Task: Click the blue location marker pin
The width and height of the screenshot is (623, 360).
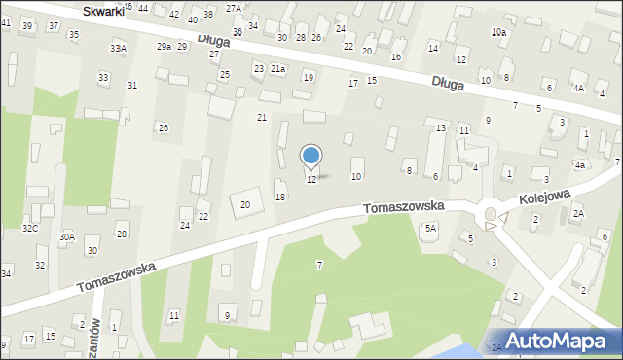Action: pos(311,156)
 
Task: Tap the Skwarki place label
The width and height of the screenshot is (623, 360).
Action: pos(102,11)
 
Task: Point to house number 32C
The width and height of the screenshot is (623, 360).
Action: pos(30,228)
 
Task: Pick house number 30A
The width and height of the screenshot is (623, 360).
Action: pos(67,236)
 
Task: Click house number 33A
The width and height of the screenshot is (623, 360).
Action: pos(118,48)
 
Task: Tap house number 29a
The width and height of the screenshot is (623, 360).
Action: pos(164,47)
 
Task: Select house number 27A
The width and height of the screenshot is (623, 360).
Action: pos(233,8)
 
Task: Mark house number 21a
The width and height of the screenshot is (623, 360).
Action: pos(278,69)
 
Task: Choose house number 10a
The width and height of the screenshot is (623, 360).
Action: pos(498,32)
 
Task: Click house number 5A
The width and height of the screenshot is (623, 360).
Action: pos(430,228)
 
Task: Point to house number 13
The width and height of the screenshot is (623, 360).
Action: pos(441,128)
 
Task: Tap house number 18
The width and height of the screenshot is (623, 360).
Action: pos(280,197)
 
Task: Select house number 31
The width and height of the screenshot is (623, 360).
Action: pos(132,86)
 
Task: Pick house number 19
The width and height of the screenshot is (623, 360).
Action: pos(309,77)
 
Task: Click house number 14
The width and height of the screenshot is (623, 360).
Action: pos(433,48)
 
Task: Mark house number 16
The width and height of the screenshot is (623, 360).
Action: pos(395,56)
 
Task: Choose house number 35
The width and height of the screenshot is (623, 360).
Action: pos(73,34)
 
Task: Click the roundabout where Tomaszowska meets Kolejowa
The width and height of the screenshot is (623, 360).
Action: pos(491,214)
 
